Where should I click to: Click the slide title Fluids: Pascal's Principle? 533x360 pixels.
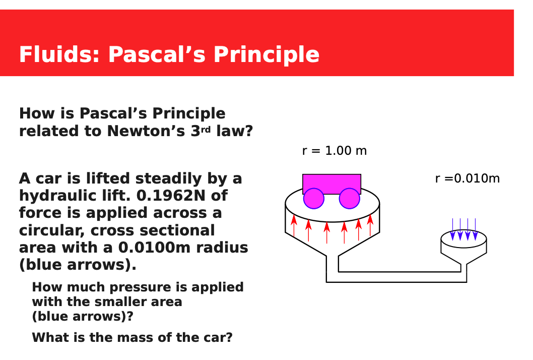tap(169, 54)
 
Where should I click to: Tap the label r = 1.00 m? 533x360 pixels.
tap(334, 151)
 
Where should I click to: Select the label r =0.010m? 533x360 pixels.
tap(467, 178)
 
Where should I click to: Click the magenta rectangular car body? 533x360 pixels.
tap(331, 182)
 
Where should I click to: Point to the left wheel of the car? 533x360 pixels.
tap(313, 199)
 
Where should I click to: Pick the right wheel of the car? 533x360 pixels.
tap(349, 199)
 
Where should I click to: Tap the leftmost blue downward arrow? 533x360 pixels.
tap(452, 229)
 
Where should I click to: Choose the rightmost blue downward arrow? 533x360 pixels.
tap(475, 229)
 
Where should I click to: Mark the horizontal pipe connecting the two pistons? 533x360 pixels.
tap(398, 277)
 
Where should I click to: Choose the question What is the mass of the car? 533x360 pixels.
tap(132, 337)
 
